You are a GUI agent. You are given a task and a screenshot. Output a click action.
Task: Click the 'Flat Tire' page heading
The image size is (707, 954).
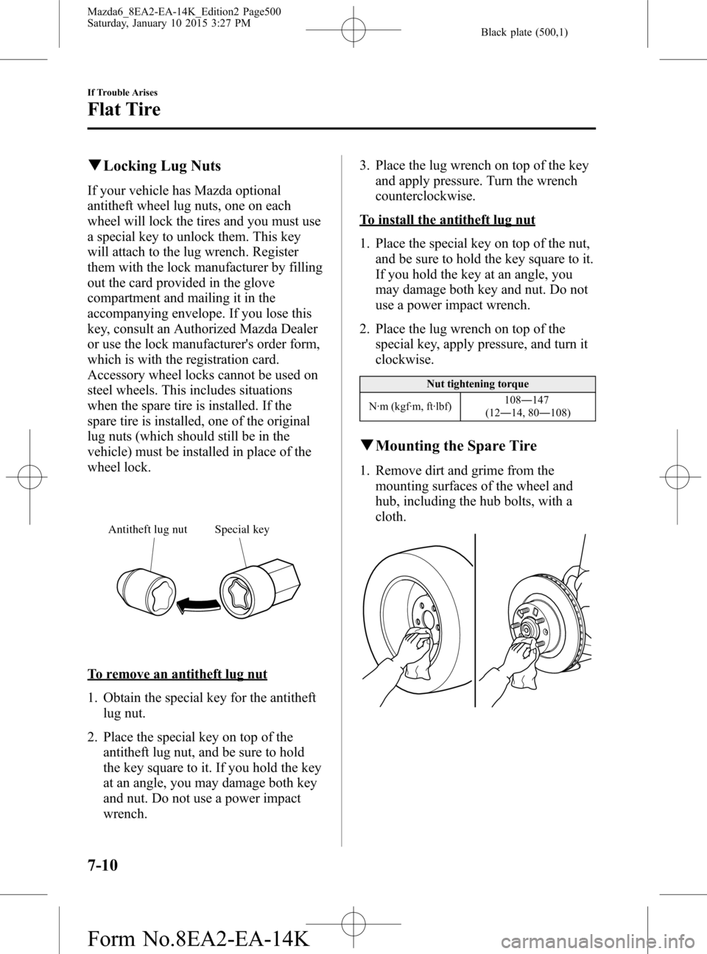tap(124, 111)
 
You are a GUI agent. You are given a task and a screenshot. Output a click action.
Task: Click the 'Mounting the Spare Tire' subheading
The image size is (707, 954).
tap(455, 446)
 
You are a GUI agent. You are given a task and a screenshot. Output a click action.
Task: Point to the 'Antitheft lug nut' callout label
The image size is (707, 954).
tap(147, 529)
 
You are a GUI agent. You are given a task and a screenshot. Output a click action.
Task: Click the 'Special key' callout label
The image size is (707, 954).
tap(242, 529)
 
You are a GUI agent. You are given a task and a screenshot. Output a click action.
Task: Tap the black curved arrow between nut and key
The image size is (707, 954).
tap(200, 604)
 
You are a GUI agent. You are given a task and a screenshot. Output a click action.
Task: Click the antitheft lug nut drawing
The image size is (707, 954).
tap(152, 594)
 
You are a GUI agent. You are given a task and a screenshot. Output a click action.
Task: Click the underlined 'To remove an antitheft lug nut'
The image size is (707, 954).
tap(177, 673)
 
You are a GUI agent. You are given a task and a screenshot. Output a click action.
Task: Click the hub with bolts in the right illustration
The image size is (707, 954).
tap(530, 626)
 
